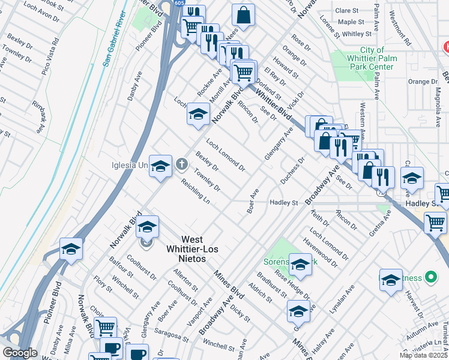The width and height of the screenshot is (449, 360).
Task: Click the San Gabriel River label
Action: [x=114, y=38]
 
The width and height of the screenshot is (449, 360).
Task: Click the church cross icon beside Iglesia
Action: [x=182, y=164]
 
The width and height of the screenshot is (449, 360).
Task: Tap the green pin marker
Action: [x=430, y=277]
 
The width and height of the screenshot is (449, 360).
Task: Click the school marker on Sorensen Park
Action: [x=300, y=263]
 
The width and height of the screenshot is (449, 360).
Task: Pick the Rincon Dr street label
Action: [x=247, y=112]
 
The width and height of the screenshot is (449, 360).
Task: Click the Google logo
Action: [x=20, y=353]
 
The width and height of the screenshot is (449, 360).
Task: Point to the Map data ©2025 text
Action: [x=423, y=355]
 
